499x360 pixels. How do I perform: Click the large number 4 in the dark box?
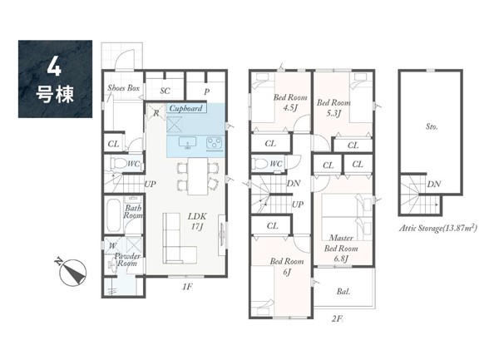[x=54, y=67]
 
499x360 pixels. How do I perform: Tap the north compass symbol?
[x=73, y=272]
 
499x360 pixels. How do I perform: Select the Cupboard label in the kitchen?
[x=186, y=108]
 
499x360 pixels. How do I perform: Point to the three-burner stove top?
[x=214, y=142]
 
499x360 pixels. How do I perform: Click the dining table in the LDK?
[x=198, y=176]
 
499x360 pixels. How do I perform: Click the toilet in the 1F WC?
[x=118, y=164]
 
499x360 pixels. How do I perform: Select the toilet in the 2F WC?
[x=259, y=164]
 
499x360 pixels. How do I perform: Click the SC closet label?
[x=165, y=91]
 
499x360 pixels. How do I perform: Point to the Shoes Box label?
[x=123, y=88]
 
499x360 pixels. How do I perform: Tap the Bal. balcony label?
[x=343, y=291]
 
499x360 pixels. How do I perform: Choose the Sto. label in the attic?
[x=432, y=126]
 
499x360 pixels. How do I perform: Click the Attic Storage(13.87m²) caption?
[x=438, y=228]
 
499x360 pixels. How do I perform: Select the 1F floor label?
[x=187, y=287]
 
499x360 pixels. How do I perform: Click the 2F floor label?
[x=337, y=318]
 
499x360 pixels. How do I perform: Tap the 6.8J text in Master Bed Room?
[x=340, y=259]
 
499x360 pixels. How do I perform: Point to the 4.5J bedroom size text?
[x=290, y=108]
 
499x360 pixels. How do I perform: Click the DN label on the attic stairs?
[x=434, y=184]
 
